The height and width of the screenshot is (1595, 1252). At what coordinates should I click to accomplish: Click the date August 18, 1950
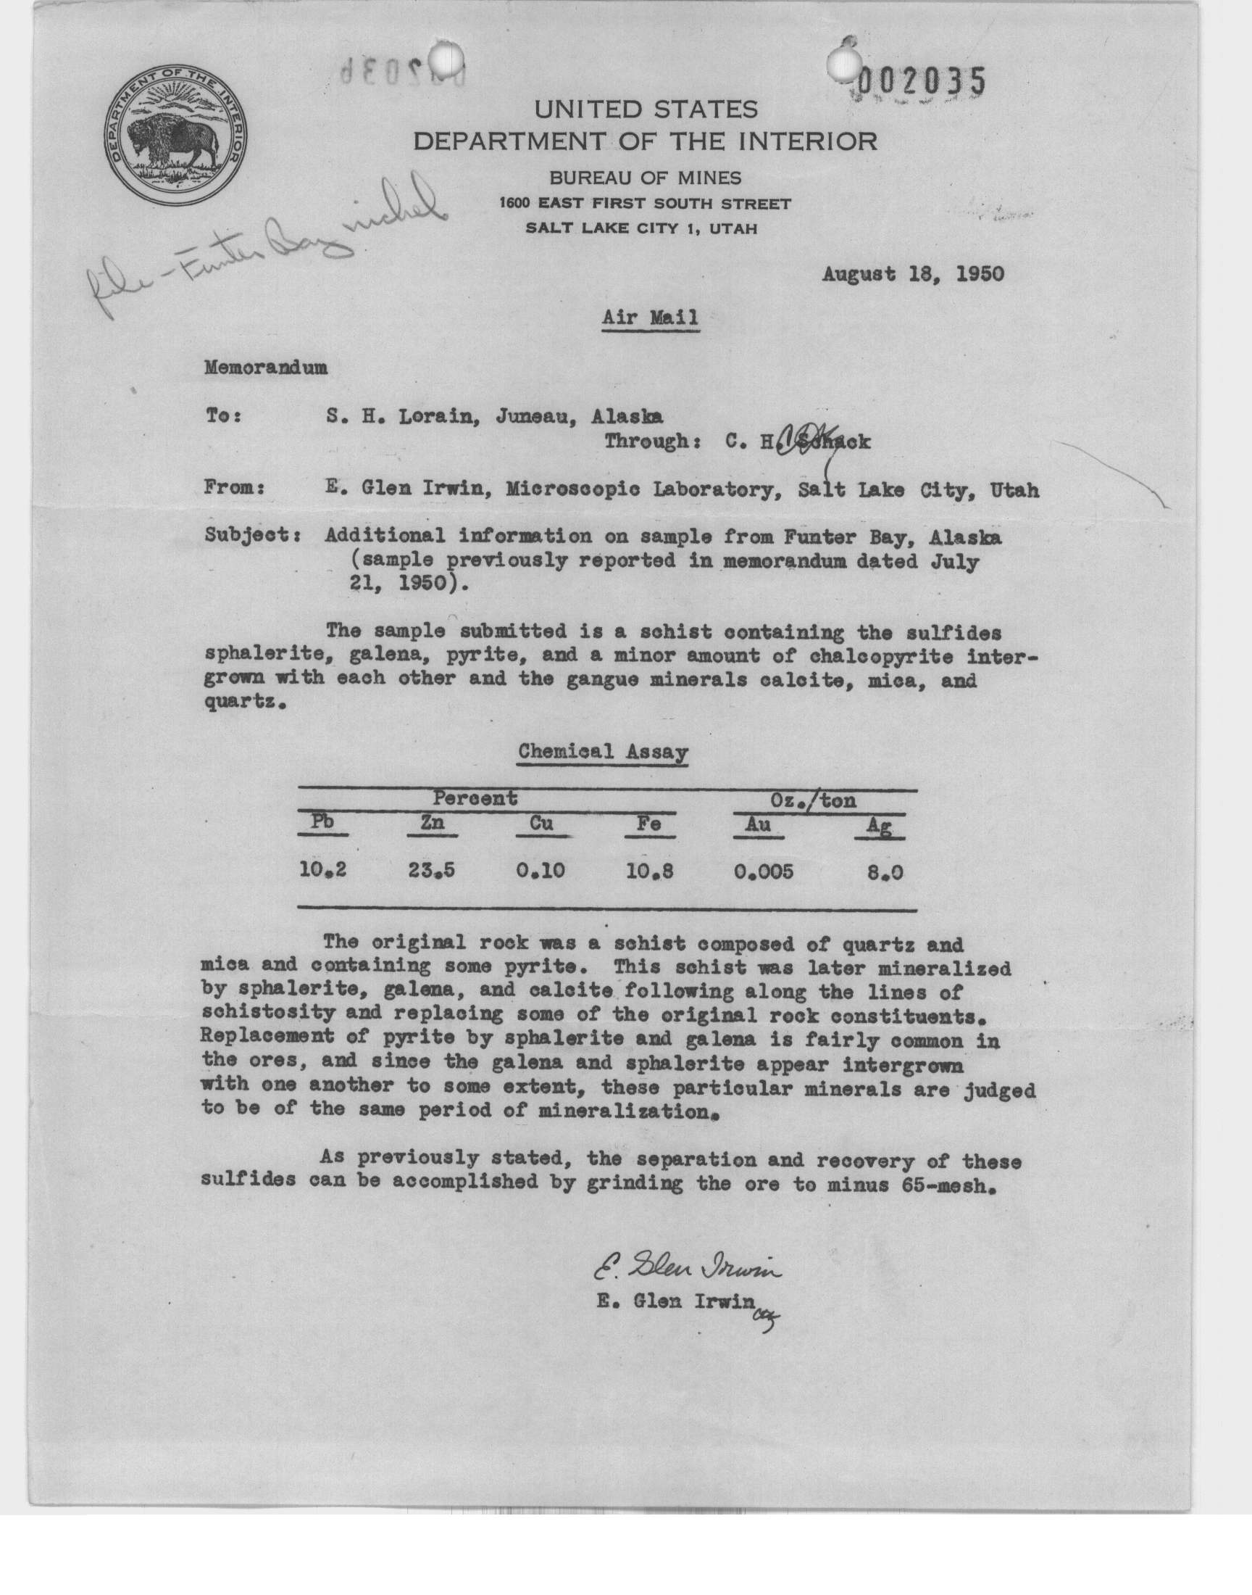point(913,274)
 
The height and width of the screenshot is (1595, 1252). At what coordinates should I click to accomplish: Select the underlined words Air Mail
point(649,318)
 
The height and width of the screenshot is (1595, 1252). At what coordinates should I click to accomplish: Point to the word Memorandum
point(265,368)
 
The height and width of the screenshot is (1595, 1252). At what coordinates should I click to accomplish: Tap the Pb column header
point(322,822)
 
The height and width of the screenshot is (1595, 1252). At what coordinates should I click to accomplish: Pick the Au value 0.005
point(763,871)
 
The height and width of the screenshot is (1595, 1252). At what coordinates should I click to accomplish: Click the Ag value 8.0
point(884,873)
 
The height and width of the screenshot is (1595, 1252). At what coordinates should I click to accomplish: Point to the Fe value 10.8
point(650,871)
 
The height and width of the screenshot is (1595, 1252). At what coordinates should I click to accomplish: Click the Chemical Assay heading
point(603,752)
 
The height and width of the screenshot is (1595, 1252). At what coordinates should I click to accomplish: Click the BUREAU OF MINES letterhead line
point(645,178)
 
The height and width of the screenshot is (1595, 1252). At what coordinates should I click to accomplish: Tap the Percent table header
point(475,798)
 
